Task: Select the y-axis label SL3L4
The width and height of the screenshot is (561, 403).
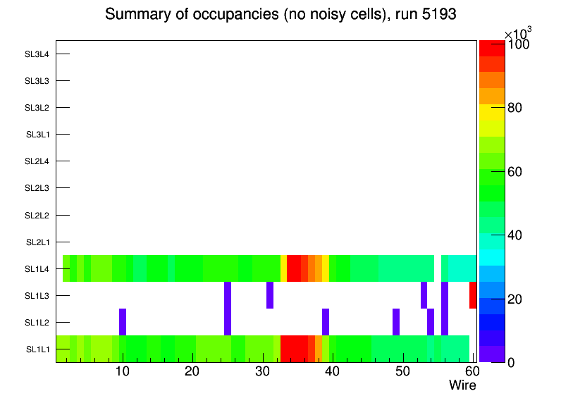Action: pos(37,54)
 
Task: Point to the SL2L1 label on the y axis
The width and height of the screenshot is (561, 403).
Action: pos(37,242)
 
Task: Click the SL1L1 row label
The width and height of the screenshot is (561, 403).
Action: pos(37,349)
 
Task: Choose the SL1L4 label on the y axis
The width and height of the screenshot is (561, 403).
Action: pos(37,269)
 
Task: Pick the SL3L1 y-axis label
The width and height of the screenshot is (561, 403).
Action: pos(37,135)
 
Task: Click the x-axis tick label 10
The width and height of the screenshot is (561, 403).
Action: pos(123,371)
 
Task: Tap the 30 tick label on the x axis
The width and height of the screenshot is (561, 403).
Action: pos(262,371)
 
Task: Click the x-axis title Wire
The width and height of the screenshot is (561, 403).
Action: pos(462,385)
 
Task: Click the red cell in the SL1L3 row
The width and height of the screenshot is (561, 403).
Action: pos(473,295)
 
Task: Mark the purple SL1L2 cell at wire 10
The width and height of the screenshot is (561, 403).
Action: pos(123,322)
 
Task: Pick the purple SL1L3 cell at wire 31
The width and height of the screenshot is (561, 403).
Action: pos(270,295)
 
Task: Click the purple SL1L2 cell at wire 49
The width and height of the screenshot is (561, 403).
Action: pos(396,322)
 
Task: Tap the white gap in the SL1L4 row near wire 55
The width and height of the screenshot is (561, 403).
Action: pos(438,268)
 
